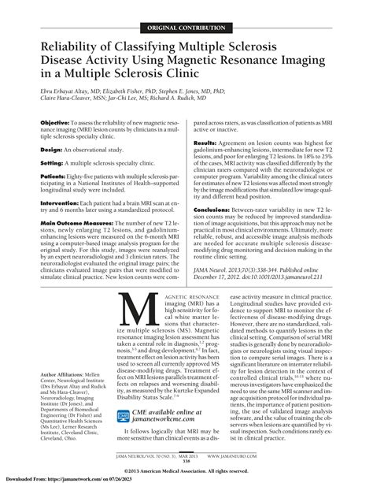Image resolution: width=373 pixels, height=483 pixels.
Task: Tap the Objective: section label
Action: coord(57,124)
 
